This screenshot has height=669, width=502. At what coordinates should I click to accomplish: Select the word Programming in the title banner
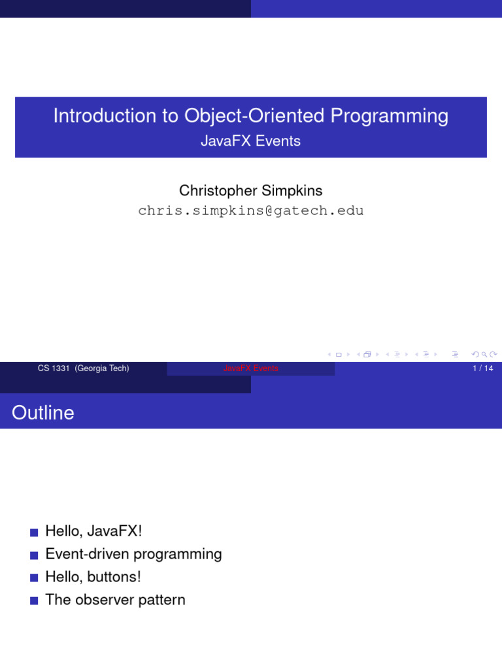389,116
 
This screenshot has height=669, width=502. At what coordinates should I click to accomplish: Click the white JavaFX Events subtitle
251,141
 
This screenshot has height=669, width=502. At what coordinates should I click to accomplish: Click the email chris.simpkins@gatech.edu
251,211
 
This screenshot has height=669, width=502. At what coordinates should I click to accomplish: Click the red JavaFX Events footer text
251,368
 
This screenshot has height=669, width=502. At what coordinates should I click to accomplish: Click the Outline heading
43,413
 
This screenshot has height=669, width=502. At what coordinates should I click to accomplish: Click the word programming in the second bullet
178,555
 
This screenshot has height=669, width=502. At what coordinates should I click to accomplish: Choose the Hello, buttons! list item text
93,578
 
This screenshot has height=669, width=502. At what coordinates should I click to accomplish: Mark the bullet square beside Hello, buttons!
34,578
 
